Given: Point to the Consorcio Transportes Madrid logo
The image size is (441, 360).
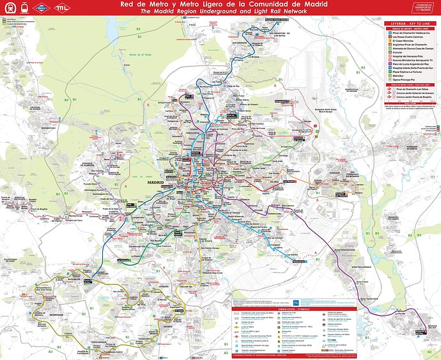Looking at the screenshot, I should coord(422,8).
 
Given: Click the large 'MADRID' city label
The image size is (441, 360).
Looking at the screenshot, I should coord(155,182).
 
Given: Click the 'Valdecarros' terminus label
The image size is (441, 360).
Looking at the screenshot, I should coord(298,261).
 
